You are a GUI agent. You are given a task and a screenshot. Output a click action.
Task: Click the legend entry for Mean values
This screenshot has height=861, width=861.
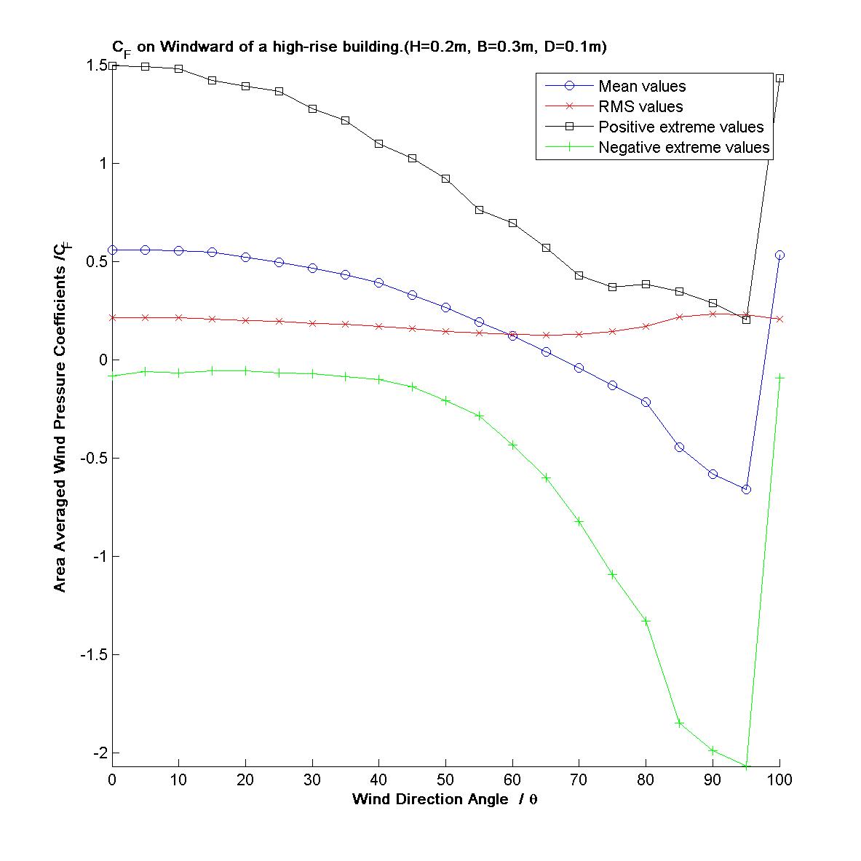641,87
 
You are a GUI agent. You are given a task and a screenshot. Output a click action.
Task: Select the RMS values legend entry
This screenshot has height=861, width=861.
640,107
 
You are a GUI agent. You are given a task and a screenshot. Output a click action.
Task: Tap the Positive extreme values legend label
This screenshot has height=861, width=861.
681,127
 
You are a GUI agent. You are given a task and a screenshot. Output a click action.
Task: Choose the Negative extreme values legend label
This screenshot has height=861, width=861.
683,148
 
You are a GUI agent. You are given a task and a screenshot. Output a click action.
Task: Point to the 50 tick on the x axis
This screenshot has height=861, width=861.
445,779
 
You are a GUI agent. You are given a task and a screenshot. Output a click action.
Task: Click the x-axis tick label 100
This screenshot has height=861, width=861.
779,779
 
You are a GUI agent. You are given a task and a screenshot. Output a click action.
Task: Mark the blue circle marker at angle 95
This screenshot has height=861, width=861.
746,489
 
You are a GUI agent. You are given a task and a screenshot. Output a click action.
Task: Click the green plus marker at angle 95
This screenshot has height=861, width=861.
746,766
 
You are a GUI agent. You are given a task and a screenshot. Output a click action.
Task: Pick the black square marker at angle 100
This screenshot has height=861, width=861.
779,78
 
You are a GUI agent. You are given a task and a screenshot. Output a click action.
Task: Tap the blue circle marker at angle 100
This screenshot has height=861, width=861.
779,255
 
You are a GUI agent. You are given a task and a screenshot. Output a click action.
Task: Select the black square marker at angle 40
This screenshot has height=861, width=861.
379,143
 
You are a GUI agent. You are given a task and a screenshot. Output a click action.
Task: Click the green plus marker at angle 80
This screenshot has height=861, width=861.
646,621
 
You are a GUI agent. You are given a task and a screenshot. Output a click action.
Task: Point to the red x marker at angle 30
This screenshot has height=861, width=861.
312,323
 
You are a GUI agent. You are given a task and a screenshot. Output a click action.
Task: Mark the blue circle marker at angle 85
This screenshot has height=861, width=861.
679,447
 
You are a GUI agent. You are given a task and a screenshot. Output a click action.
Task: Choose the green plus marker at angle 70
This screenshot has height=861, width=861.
579,521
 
